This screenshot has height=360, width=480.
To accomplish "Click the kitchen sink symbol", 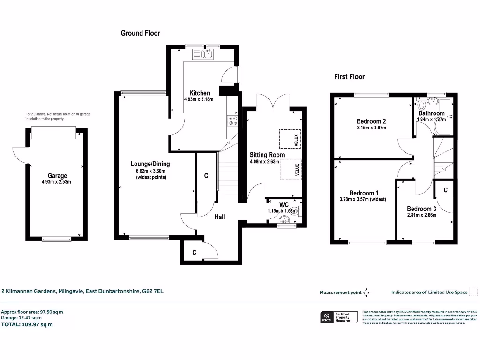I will (x=207, y=55).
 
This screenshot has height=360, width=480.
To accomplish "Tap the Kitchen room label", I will (x=199, y=93).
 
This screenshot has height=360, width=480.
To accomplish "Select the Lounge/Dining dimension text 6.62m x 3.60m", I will (x=150, y=171).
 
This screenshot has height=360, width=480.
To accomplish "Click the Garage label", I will (x=57, y=176).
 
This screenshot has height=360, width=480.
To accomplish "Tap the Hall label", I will (x=220, y=217).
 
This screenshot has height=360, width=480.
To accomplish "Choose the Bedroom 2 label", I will (x=371, y=121).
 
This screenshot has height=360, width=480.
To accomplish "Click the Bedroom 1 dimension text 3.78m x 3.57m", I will (x=363, y=199).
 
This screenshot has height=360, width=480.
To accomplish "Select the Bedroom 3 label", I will (x=421, y=209).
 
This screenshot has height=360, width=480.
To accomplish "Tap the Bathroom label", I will (x=431, y=113).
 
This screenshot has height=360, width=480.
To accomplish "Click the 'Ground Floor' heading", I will (x=140, y=33).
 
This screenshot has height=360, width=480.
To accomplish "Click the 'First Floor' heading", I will (x=349, y=76).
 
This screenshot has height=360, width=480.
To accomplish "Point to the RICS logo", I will (x=325, y=317).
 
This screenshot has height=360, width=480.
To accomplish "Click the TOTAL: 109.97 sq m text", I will (x=27, y=324).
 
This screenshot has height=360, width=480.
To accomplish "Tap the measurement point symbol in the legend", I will (x=367, y=292).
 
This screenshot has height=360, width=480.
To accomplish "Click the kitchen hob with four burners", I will (x=232, y=121).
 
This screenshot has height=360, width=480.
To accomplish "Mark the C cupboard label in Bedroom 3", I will (x=445, y=190).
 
